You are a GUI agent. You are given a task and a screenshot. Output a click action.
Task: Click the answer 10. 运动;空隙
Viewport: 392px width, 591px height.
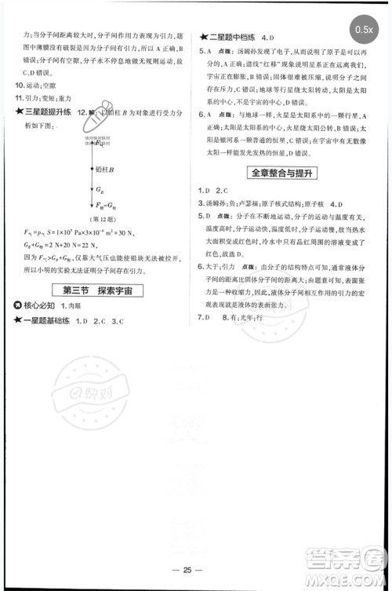point(41,86)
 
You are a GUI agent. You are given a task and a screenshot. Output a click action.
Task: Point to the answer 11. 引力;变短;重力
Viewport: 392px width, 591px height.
point(49,99)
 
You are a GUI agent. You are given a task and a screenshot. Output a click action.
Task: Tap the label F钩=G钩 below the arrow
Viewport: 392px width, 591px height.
point(99,205)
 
